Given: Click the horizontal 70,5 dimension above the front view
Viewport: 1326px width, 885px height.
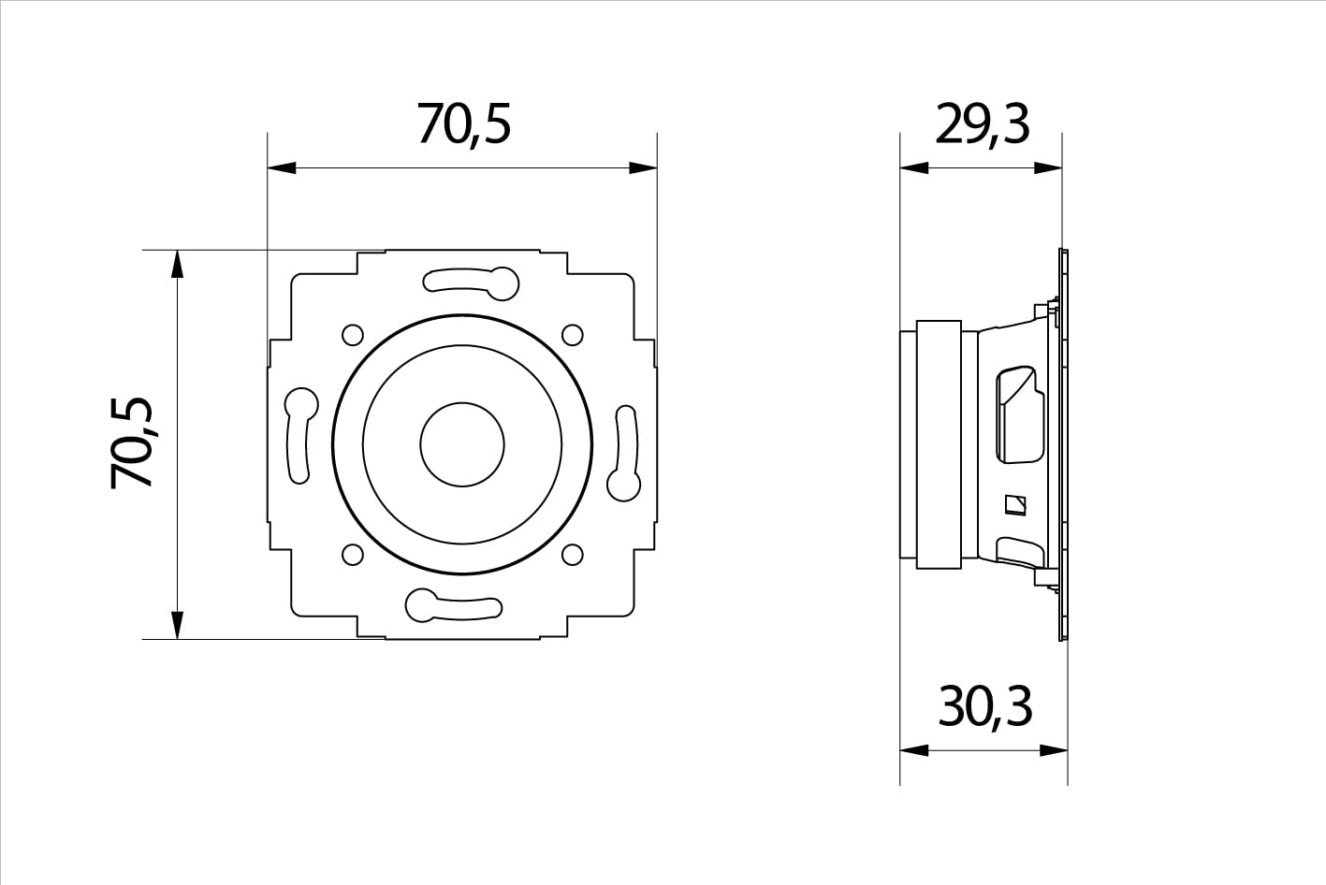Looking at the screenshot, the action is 463,124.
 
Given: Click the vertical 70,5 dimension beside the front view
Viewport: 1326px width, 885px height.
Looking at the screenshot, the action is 131,442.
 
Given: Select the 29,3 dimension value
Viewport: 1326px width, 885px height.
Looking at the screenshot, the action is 983,124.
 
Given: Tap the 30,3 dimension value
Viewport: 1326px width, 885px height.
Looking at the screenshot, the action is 985,706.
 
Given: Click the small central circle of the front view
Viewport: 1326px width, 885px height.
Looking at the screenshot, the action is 462,444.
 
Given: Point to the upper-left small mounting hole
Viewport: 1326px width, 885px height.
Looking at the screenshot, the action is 353,335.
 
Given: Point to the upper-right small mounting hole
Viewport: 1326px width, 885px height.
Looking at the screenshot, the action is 573,335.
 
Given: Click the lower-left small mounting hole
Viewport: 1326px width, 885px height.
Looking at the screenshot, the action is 353,555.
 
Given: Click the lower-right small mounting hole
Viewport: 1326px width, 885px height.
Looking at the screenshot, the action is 573,555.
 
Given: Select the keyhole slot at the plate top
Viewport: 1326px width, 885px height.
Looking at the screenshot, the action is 472,283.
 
